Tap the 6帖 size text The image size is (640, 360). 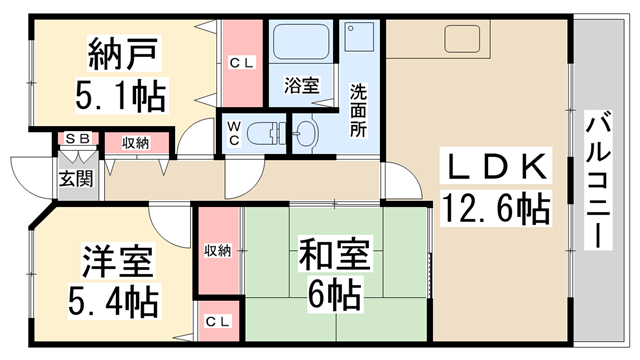pos(333,293)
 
